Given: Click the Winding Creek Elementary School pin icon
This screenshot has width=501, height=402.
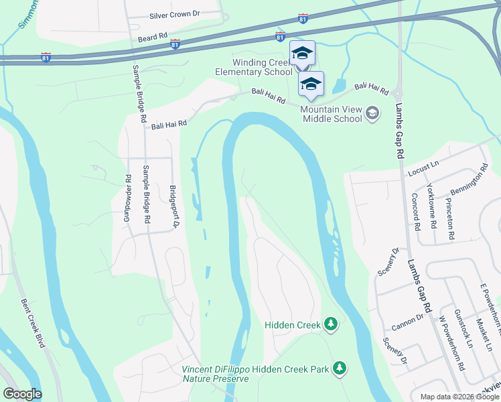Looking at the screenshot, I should [x=302, y=53].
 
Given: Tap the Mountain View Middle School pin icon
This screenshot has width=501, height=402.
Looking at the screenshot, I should [x=311, y=84].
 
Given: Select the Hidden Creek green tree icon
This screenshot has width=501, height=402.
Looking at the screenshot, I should [x=330, y=324].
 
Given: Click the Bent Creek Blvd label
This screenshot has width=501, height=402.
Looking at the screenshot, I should [x=32, y=323].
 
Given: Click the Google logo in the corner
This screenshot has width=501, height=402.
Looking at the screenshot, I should [x=22, y=394].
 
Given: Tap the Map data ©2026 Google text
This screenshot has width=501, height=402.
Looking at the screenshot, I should [x=459, y=397].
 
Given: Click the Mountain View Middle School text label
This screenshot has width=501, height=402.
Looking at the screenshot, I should [x=331, y=114].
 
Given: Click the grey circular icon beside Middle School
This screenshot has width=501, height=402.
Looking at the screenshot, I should [x=373, y=114].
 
